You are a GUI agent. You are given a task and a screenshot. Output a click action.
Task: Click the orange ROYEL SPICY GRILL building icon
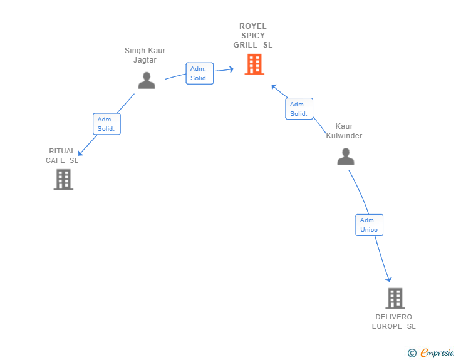[254, 64]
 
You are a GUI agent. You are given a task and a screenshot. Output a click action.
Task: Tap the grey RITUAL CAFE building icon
[63, 180]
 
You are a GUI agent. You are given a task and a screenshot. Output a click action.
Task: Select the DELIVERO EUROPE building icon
[395, 298]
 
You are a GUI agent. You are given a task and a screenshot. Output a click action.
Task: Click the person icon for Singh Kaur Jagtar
[147, 80]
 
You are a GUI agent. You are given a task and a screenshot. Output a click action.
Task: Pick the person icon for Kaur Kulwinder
[346, 156]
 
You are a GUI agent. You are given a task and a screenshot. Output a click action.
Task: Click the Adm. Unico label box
[369, 225]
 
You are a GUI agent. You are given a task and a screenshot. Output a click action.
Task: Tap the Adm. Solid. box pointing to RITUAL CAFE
[106, 124]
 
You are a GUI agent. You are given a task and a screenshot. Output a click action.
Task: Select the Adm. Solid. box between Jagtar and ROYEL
[199, 73]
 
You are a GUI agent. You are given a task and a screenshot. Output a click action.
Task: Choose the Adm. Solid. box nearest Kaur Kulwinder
[299, 108]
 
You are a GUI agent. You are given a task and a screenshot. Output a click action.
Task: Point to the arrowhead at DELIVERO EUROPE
[388, 280]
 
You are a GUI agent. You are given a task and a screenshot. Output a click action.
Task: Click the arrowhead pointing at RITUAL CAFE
[80, 153]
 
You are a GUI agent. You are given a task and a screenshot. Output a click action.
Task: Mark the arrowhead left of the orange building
[232, 69]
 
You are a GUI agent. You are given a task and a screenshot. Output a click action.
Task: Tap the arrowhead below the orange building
[274, 86]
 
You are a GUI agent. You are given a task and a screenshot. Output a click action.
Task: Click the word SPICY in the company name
[253, 36]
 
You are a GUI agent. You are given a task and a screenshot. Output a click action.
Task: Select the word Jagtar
[145, 60]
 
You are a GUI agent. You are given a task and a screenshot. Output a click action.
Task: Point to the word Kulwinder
[344, 136]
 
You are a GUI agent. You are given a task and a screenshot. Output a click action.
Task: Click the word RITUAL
[62, 151]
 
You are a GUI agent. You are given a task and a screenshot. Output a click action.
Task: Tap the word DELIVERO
[393, 317]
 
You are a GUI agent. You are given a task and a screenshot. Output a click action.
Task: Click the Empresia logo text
[437, 352]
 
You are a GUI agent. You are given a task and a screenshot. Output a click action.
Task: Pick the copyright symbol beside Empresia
[412, 353]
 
